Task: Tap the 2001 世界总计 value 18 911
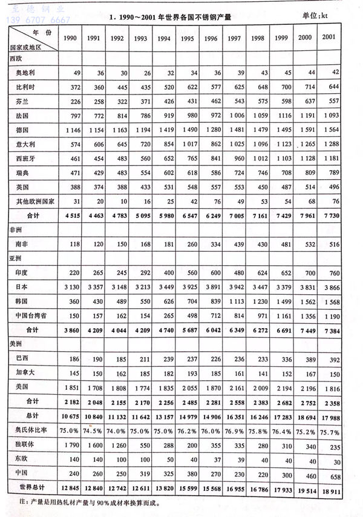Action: tap(330, 486)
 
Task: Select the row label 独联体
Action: tap(23, 445)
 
